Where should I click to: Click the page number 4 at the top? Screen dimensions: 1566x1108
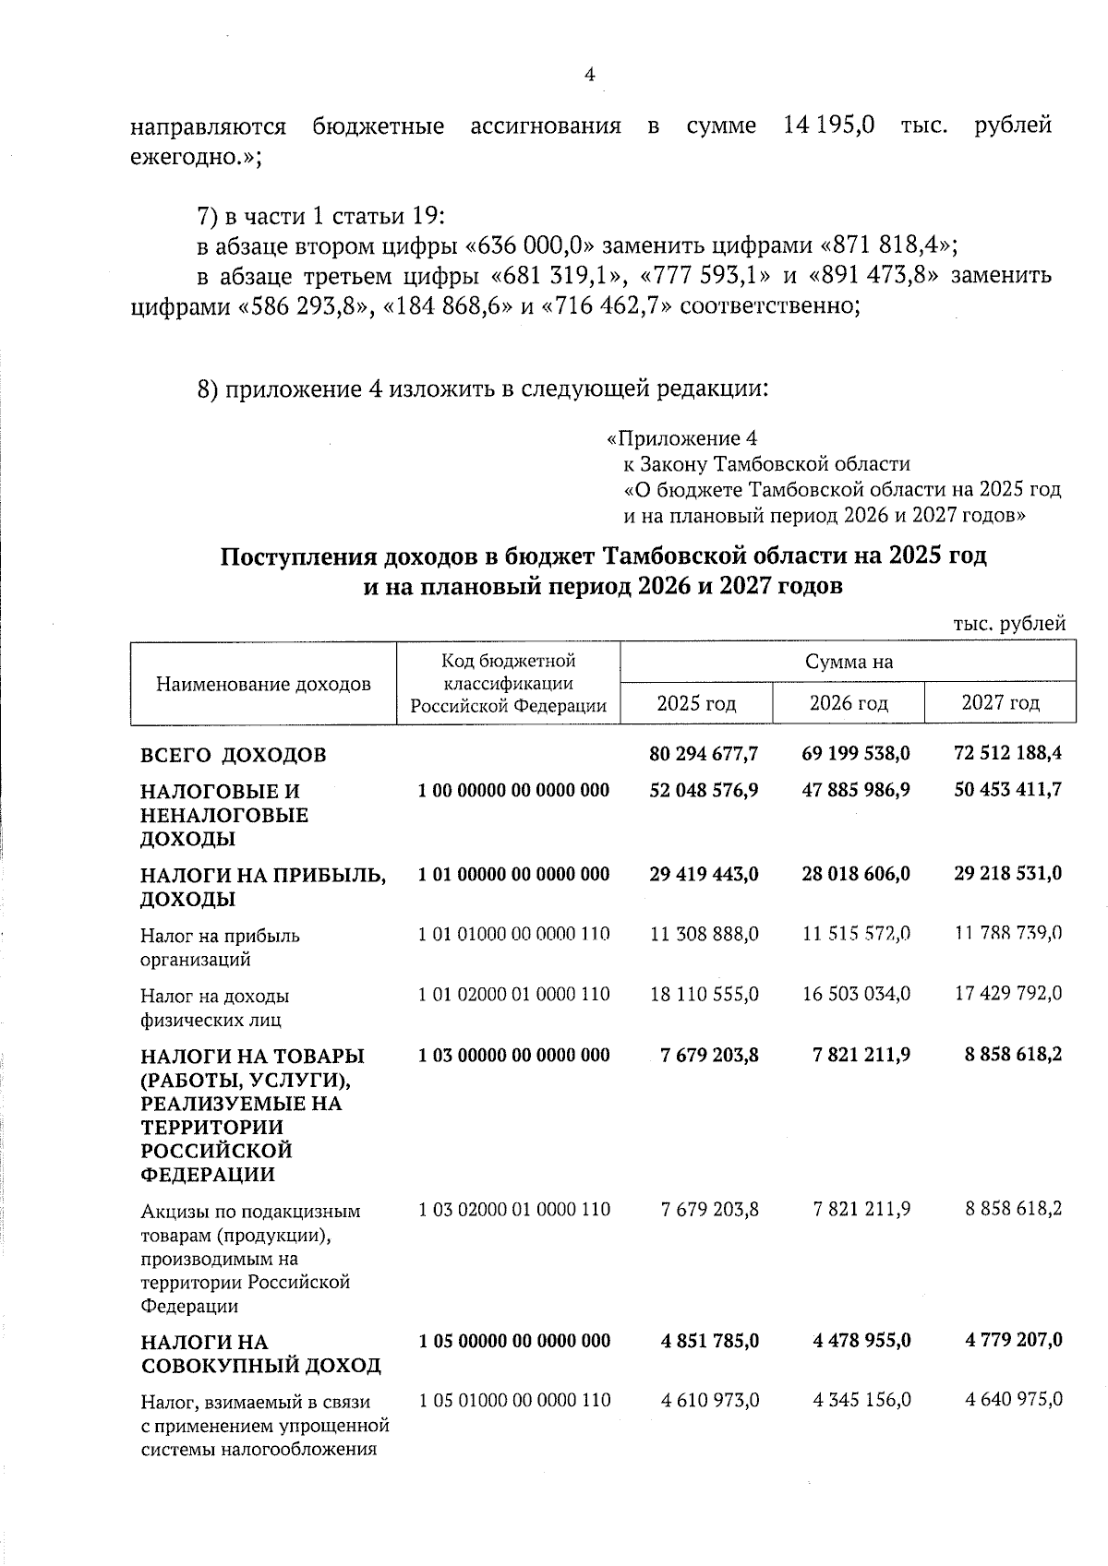pos(590,76)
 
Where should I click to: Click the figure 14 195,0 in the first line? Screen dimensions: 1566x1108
pos(828,126)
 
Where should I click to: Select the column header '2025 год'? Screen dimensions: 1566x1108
pos(696,703)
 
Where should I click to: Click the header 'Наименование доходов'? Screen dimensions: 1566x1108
pos(263,684)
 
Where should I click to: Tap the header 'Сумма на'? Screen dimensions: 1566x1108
pos(848,662)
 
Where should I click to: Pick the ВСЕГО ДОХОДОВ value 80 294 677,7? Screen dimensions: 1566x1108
pos(704,754)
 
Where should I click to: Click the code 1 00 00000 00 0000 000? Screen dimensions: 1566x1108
pos(513,791)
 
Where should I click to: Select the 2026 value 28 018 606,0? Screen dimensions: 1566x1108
pos(855,873)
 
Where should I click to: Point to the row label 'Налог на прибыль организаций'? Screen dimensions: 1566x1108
pos(220,947)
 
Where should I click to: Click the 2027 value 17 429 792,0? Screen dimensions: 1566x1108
pos(1007,994)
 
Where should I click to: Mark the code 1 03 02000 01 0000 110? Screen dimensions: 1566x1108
pos(513,1209)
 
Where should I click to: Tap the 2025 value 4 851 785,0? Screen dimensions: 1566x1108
pos(709,1340)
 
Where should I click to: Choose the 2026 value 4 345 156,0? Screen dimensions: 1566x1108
pos(861,1400)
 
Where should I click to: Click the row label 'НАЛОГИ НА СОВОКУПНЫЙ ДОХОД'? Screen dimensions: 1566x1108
pos(247,1353)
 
